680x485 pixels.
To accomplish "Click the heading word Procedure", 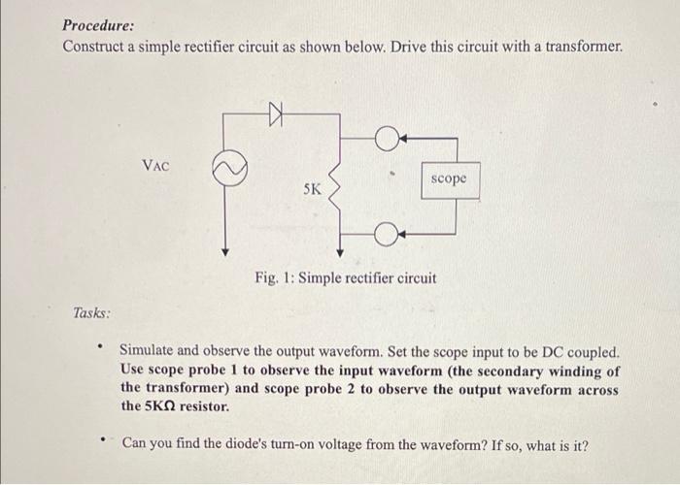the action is pos(98,26).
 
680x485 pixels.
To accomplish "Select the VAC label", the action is pos(156,166).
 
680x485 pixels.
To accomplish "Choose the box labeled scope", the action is pos(450,179).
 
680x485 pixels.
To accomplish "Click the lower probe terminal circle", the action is pos(385,235).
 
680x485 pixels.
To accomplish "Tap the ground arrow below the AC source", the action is pos(225,248).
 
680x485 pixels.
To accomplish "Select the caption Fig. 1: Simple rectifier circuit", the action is pos(345,278).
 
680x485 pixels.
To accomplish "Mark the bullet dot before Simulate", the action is pos(100,344).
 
